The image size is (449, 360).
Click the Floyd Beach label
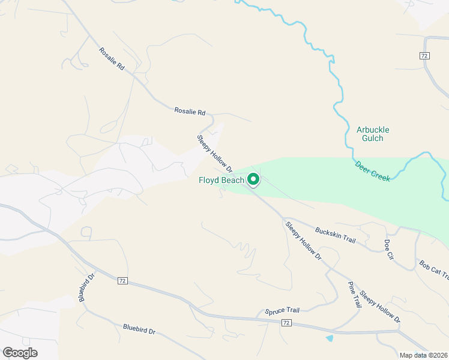[221, 180]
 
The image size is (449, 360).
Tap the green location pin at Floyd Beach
[253, 179]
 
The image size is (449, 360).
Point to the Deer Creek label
[372, 171]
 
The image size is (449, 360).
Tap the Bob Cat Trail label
[434, 270]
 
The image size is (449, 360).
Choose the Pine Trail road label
[354, 295]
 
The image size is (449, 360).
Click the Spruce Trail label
[282, 310]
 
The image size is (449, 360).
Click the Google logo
[20, 353]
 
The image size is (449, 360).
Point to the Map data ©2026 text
[423, 355]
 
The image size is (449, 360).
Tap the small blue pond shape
[330, 338]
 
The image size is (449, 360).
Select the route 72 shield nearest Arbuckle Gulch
[424, 55]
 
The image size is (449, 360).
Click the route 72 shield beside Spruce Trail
[286, 323]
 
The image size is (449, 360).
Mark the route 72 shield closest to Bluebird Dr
[122, 280]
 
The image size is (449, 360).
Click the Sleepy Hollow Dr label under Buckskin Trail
[303, 241]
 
